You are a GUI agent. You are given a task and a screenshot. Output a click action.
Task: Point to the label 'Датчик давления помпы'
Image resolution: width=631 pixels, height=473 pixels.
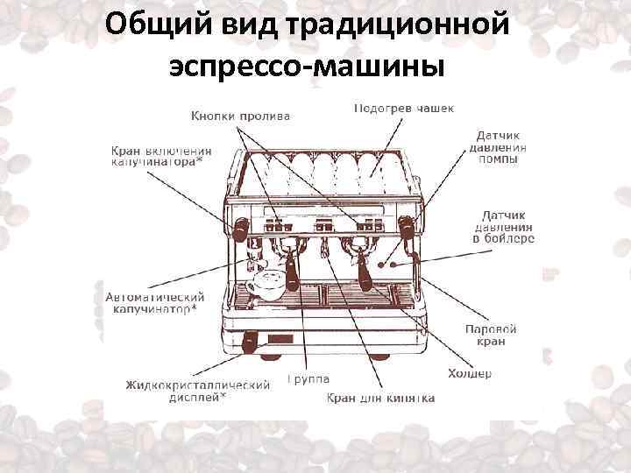point(497,148)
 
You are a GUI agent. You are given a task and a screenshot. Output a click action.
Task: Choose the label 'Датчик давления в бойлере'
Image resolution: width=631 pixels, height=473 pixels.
point(503,226)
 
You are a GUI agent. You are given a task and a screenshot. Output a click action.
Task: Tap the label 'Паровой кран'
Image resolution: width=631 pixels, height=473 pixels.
point(491,335)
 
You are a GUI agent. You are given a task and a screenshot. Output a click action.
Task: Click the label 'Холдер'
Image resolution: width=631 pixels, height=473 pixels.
point(470,373)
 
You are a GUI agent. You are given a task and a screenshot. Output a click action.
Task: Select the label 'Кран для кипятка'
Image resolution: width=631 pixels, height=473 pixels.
point(381,398)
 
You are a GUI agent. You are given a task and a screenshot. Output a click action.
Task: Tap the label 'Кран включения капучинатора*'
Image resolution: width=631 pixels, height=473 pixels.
point(160,156)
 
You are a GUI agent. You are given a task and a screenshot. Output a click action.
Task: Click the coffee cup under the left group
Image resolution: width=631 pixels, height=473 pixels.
point(265,285)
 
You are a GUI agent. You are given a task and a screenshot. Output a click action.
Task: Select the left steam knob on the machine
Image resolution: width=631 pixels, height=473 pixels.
point(239,229)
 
